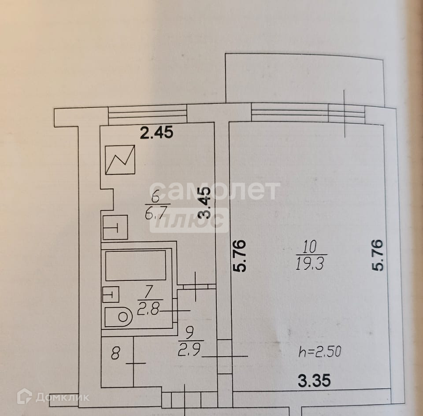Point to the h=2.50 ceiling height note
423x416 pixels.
point(320,352)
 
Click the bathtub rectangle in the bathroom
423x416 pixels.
point(135,265)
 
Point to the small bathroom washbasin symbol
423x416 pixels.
point(111,294)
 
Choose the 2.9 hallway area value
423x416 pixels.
point(190,352)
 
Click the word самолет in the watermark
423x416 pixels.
point(218,190)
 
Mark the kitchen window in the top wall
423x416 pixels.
point(148,115)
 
